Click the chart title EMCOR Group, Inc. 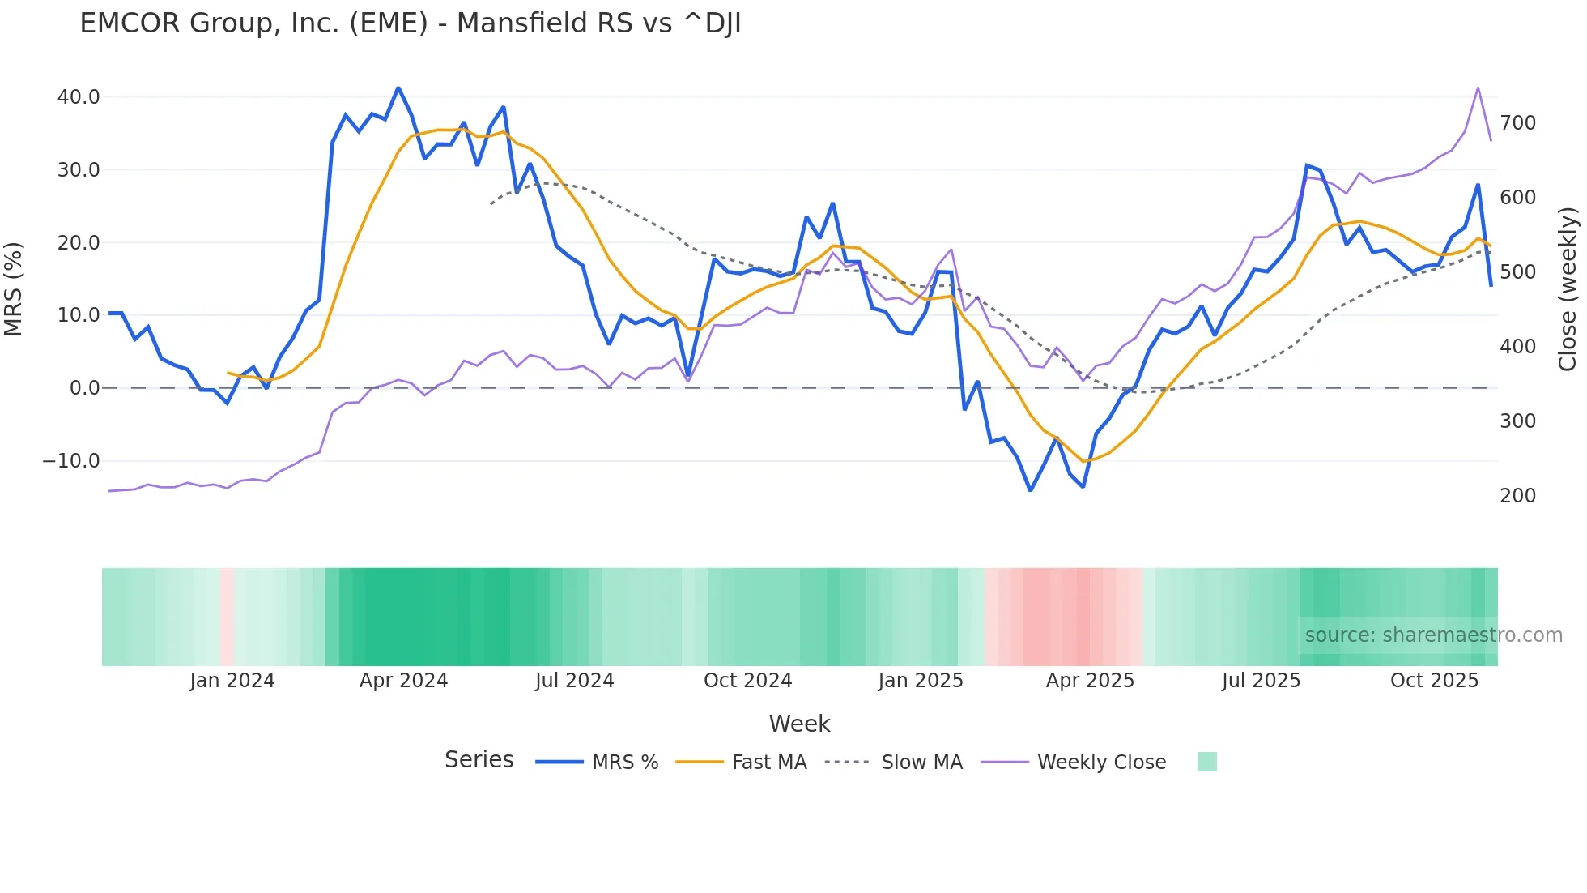410,23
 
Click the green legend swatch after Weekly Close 1206,762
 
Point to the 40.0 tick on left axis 79,97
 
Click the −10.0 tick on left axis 71,461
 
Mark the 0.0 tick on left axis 84,388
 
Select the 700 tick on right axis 1517,123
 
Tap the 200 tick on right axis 1517,495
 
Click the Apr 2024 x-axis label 403,681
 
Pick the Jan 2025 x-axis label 921,681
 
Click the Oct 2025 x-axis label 1434,681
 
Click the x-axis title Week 799,724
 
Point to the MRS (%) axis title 14,288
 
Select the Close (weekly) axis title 1568,288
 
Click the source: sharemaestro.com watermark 1433,635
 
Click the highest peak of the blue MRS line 398,88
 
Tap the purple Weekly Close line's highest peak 1478,88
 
